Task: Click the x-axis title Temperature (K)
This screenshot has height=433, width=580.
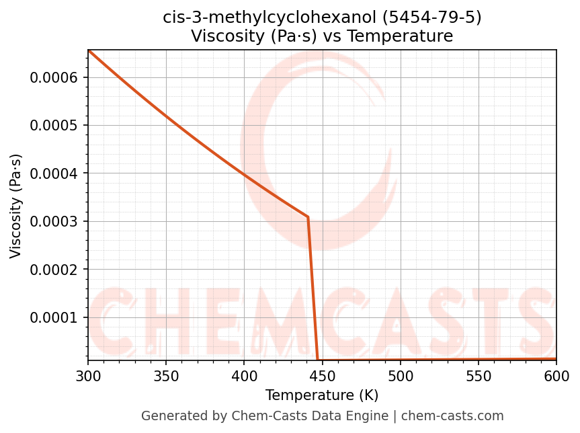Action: click(322, 395)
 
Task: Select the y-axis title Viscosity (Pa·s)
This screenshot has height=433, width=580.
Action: click(16, 206)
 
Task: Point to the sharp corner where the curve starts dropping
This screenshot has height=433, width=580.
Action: click(308, 217)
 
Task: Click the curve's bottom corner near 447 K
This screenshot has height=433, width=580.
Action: click(317, 360)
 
